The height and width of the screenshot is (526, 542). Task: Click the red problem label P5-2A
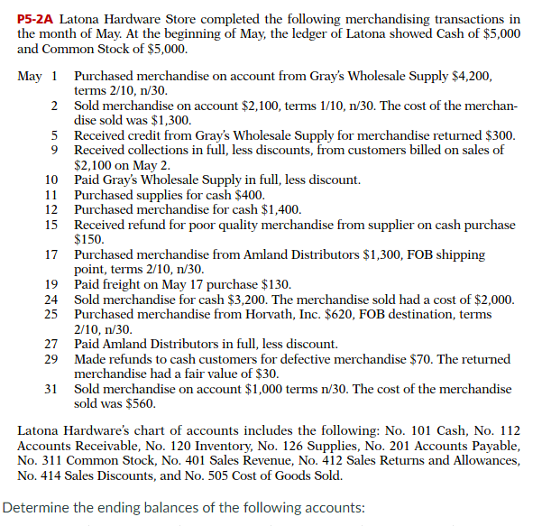pos(37,18)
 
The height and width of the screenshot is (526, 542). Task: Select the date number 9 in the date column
pos(55,150)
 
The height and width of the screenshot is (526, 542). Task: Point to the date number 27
pos(51,344)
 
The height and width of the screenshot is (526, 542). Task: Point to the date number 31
pos(51,389)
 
